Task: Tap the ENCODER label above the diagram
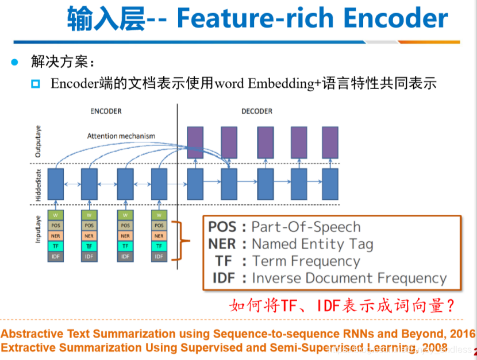[x=106, y=111]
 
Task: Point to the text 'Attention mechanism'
[x=121, y=136]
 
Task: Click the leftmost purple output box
[x=196, y=142]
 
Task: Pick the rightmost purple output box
[x=330, y=142]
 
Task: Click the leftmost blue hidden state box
[x=55, y=184]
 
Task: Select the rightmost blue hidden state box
[x=330, y=184]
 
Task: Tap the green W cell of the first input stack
[x=55, y=215]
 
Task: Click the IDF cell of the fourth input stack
[x=159, y=256]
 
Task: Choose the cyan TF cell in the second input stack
[x=89, y=246]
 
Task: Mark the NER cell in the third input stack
[x=125, y=236]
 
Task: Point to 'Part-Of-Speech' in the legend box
[x=306, y=227]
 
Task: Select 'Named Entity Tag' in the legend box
[x=312, y=244]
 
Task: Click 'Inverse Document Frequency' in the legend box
[x=349, y=278]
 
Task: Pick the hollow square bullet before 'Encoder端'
[x=36, y=84]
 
